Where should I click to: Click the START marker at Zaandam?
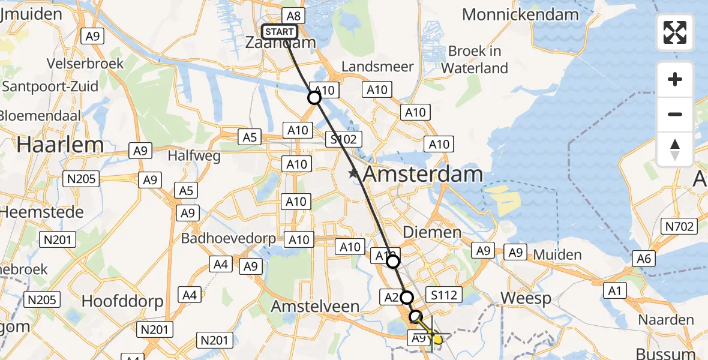pyautogui.click(x=280, y=32)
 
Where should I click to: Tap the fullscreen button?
pyautogui.click(x=675, y=32)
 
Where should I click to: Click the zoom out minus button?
pyautogui.click(x=675, y=114)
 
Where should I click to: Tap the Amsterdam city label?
pyautogui.click(x=423, y=174)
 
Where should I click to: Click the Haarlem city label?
pyautogui.click(x=52, y=144)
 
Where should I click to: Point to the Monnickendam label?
pyautogui.click(x=521, y=14)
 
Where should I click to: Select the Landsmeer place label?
pyautogui.click(x=378, y=66)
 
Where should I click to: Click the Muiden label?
pyautogui.click(x=559, y=254)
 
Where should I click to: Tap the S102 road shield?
pyautogui.click(x=343, y=140)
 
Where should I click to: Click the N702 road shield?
pyautogui.click(x=679, y=226)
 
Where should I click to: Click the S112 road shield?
pyautogui.click(x=444, y=295)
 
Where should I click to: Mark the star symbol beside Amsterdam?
pyautogui.click(x=354, y=174)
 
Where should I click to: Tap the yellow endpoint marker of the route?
pyautogui.click(x=437, y=339)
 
